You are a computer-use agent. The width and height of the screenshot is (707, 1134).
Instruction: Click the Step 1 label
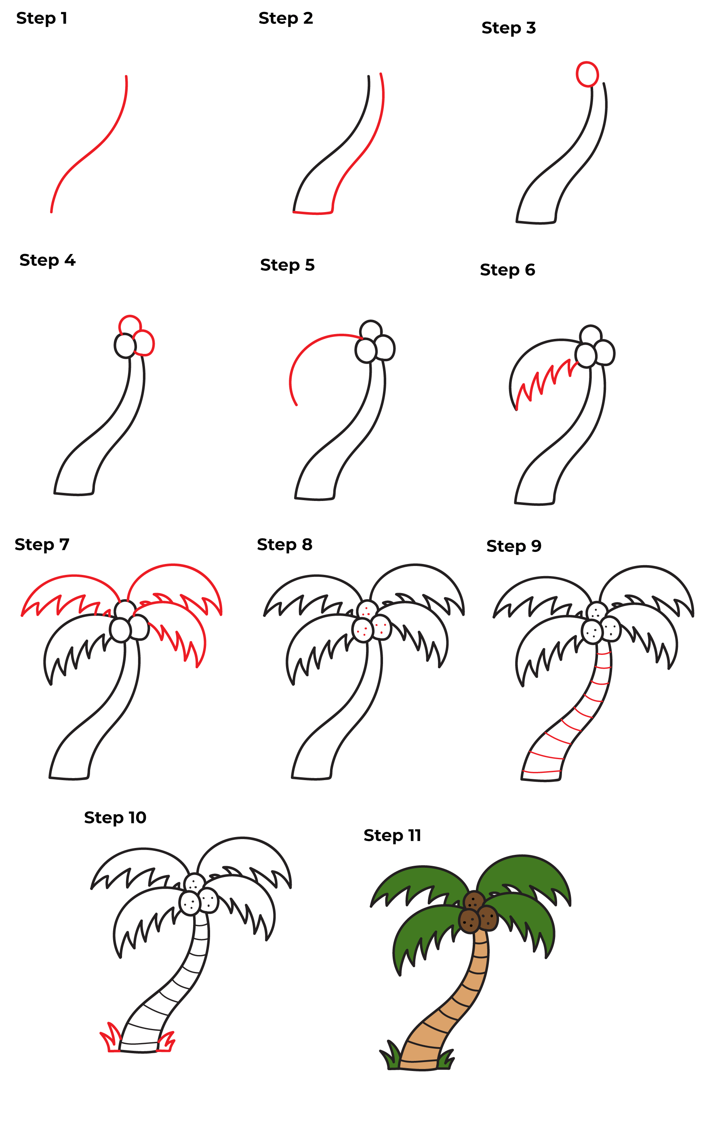click(42, 18)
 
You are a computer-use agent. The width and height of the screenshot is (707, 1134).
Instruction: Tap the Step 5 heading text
click(287, 265)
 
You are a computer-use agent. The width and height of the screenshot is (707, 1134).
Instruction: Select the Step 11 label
click(392, 835)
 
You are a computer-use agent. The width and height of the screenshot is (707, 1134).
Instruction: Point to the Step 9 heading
click(514, 546)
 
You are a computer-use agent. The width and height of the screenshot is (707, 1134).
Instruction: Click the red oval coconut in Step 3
click(587, 74)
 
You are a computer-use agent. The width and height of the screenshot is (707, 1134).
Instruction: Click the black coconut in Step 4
click(125, 346)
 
